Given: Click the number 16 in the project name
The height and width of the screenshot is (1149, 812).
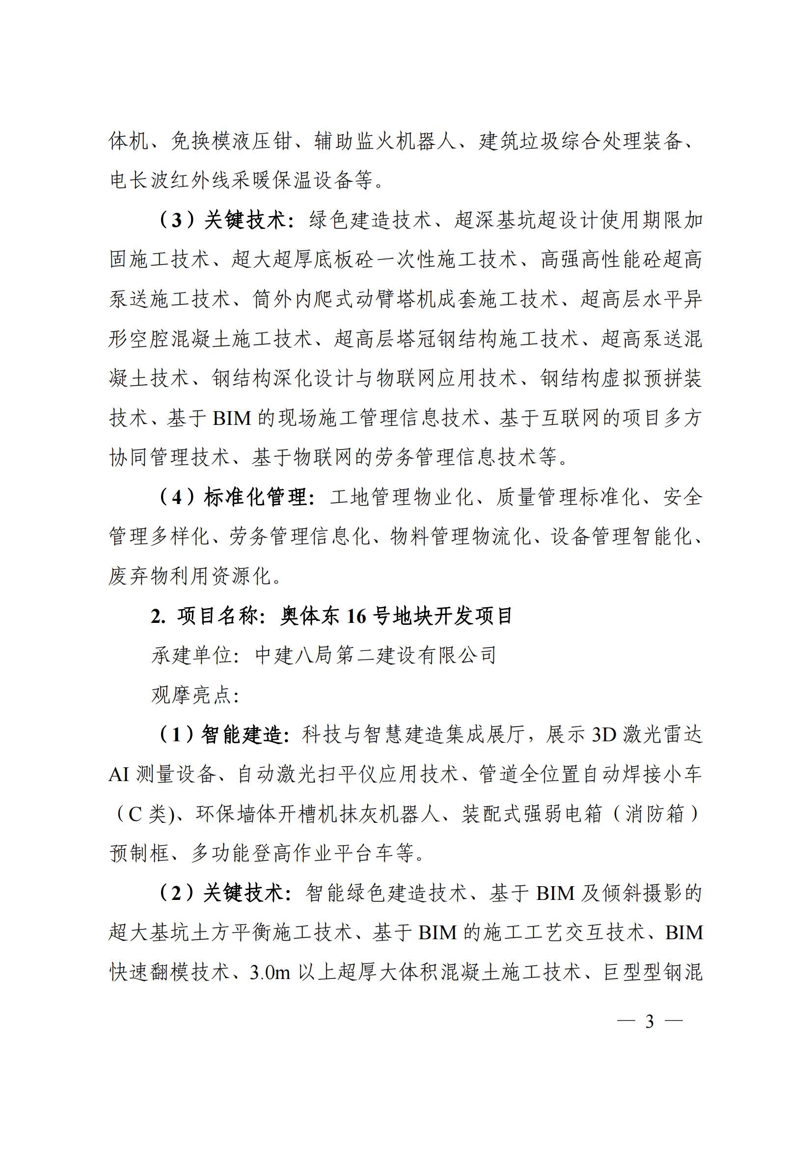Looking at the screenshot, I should [356, 617].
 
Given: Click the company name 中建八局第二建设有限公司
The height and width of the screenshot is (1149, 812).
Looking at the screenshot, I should [376, 656].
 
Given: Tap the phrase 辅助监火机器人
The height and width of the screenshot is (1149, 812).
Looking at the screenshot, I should [385, 141].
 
